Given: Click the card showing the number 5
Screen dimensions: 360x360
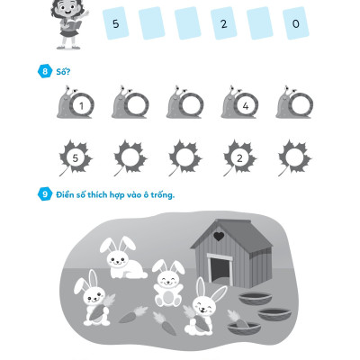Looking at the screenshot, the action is [115, 23].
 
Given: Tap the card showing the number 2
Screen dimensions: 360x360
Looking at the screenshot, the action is [223, 23].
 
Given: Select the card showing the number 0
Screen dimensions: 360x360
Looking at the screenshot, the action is [295, 23].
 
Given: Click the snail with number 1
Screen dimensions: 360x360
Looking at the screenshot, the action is [76, 102].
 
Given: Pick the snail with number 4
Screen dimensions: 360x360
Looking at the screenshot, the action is [240, 102].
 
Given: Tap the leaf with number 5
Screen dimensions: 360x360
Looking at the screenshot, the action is [76, 157].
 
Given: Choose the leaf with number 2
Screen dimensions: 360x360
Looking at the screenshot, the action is [239, 157].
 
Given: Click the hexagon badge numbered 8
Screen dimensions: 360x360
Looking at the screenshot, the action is [45, 71].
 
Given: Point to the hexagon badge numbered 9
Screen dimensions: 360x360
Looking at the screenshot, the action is [45, 194].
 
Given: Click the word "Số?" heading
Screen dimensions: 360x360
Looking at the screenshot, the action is [63, 72].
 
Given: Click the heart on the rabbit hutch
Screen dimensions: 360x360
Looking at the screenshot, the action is [219, 237].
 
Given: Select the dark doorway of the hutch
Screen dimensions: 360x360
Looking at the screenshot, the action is [220, 272].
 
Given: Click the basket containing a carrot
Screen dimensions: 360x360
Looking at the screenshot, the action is [244, 327].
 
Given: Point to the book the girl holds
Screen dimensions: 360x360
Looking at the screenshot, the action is [73, 24].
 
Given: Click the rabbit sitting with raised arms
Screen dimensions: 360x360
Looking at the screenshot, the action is [168, 283].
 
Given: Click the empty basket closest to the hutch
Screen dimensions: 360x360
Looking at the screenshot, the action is [256, 299].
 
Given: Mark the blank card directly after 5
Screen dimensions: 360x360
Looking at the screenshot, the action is [151, 23].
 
